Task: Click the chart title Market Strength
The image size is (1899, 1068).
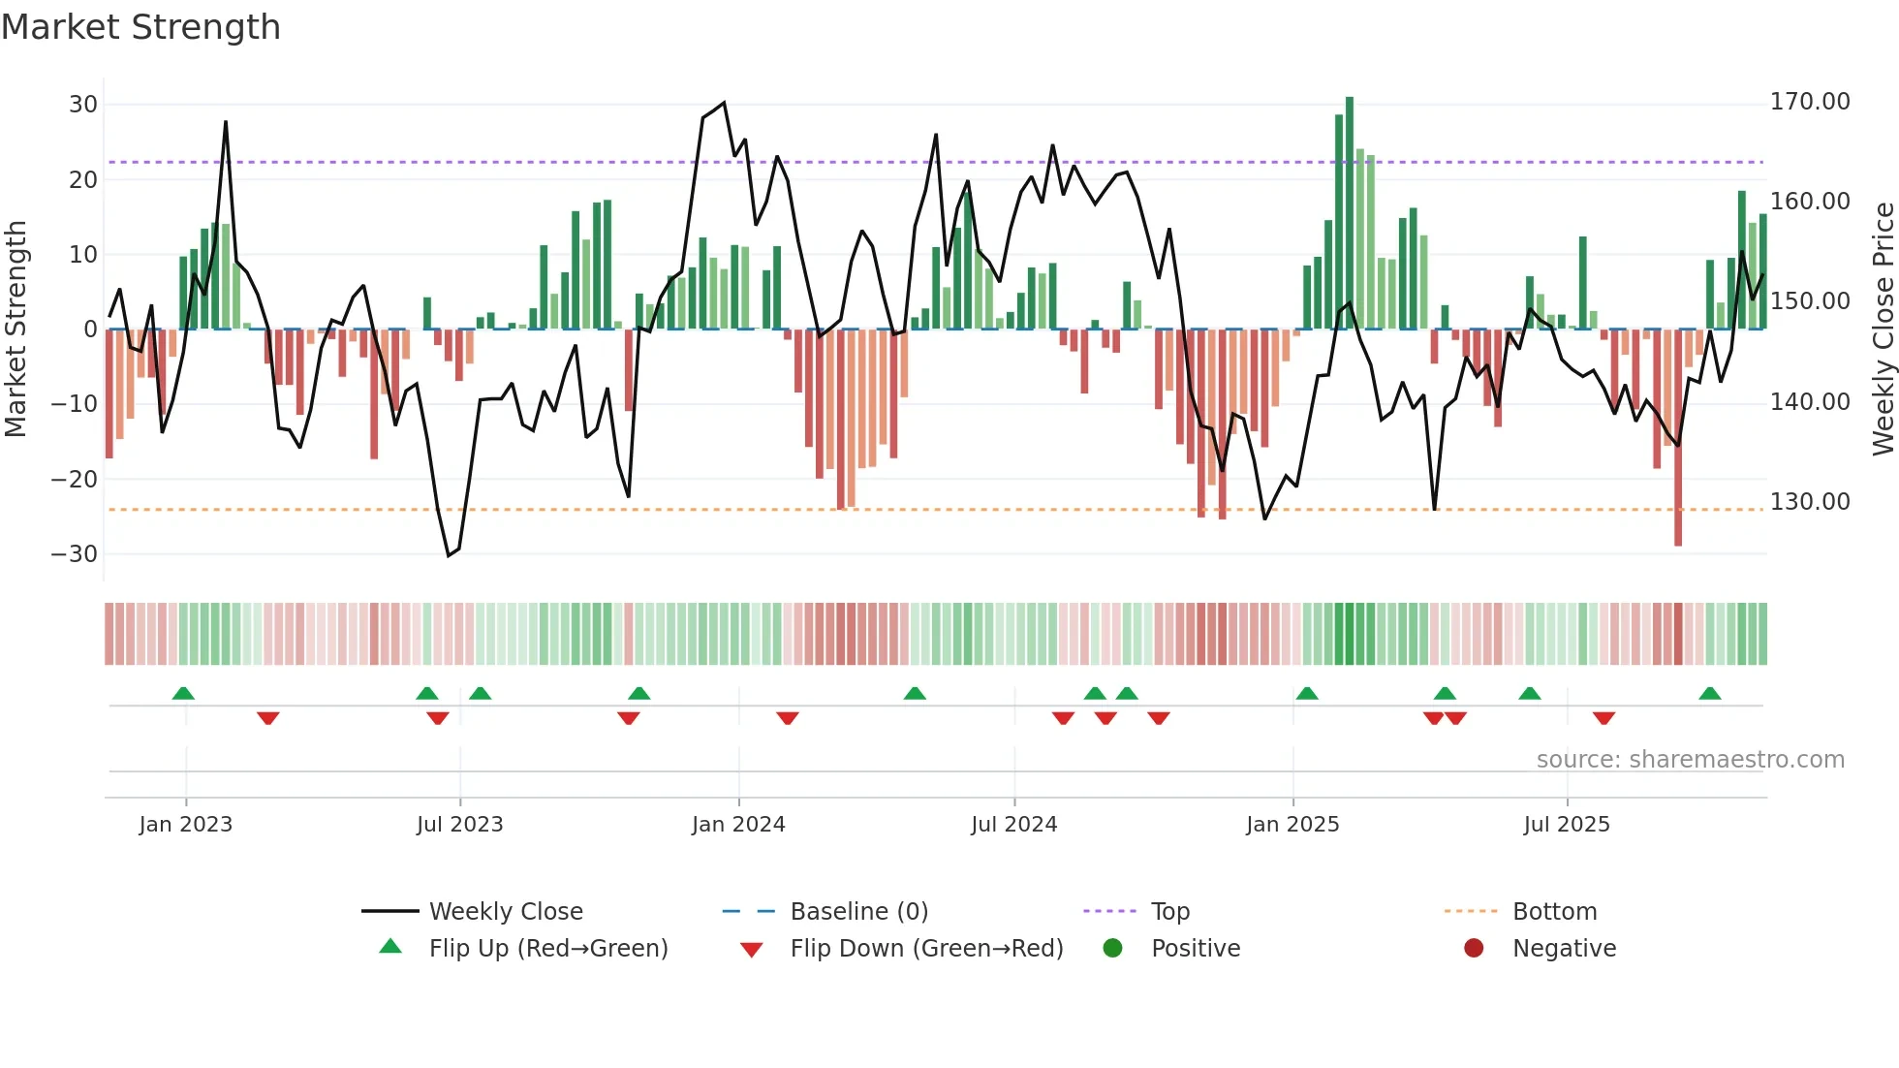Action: tap(140, 27)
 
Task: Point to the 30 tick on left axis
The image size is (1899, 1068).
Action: tap(83, 105)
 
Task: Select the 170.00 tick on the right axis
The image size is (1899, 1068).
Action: tap(1810, 102)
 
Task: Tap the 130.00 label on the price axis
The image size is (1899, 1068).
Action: tap(1810, 502)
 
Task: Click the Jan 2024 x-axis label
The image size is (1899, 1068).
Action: tap(738, 825)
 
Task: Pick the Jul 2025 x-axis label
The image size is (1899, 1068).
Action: tap(1567, 825)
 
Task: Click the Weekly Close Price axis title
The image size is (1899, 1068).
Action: tap(1883, 330)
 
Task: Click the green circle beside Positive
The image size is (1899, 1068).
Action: tap(1112, 949)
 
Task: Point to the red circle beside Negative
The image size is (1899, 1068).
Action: tap(1474, 949)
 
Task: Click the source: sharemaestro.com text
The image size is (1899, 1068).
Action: tap(1690, 760)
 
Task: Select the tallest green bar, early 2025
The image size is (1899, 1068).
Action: tap(1349, 213)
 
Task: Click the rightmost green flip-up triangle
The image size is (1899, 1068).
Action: tap(1710, 694)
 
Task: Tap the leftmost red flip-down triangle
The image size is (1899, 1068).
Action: tap(268, 717)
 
